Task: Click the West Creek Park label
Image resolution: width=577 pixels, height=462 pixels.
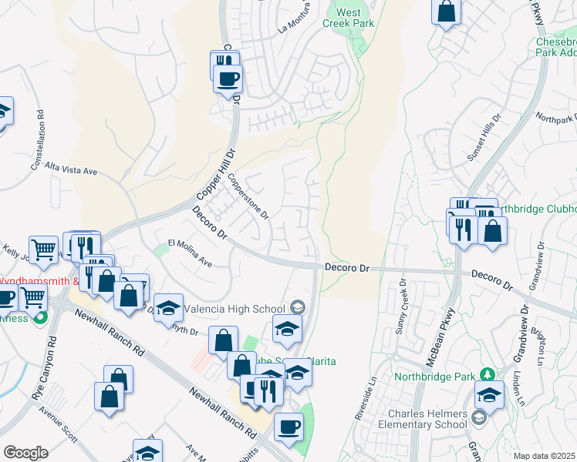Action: tap(348, 18)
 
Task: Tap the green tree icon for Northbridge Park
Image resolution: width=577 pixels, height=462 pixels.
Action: tap(487, 375)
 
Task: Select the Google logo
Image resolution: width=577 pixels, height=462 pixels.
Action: tap(25, 453)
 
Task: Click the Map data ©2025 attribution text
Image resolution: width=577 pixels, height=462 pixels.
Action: tap(544, 456)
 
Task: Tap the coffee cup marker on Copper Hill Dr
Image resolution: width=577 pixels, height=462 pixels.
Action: tap(228, 79)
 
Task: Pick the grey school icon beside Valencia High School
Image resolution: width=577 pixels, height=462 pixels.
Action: tap(299, 308)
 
